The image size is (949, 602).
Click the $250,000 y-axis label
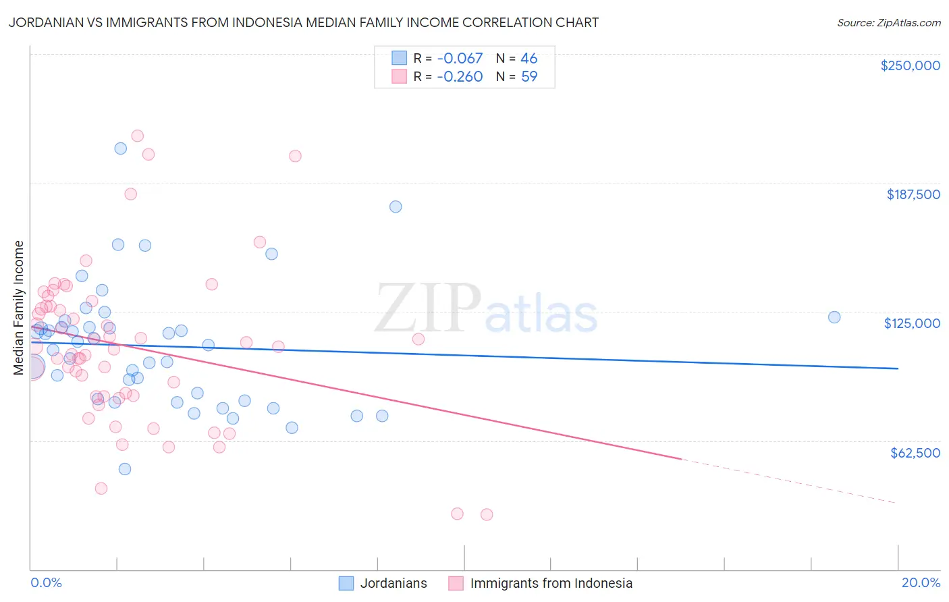(910, 65)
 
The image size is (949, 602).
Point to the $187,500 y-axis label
(913, 194)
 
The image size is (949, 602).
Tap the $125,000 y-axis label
(912, 323)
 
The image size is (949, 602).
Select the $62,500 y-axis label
(915, 453)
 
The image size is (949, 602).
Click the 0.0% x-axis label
(46, 582)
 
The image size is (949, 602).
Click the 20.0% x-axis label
(921, 582)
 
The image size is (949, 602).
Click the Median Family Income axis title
(19, 307)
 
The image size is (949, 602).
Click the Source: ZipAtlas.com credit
(888, 22)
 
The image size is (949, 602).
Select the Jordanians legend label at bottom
(394, 583)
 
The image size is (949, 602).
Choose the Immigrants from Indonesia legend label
(551, 583)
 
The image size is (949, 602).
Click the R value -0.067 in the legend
(460, 59)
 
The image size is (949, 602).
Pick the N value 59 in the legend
(529, 77)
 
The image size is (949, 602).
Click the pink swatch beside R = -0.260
(400, 77)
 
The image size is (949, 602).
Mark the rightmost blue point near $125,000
(834, 317)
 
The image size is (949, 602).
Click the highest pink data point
(137, 136)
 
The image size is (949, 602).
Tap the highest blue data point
(121, 148)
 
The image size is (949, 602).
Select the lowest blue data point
(125, 469)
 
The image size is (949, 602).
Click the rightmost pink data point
(487, 514)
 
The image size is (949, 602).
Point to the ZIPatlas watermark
(486, 309)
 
